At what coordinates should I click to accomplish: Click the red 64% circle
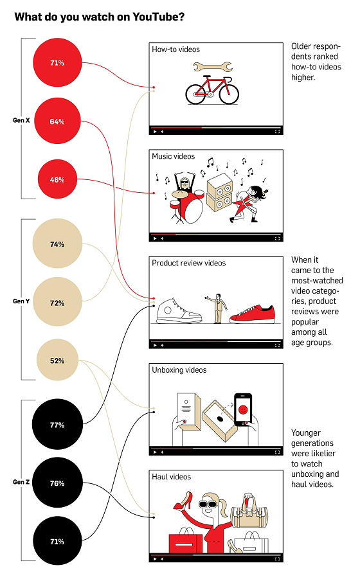point(57,121)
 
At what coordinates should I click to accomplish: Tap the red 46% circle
point(57,179)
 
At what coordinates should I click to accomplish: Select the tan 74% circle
point(57,244)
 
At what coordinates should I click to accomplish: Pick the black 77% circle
point(57,424)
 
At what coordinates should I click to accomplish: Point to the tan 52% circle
point(57,360)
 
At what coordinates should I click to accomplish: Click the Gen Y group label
point(21,301)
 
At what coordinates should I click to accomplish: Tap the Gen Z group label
point(21,482)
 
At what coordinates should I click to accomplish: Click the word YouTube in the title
point(158,17)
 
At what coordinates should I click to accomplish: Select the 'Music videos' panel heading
point(174,156)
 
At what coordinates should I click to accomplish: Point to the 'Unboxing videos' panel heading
point(179,370)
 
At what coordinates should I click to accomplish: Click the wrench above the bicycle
point(213,67)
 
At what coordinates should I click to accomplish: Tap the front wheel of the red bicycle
point(229,94)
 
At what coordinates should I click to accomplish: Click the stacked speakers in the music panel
point(220,192)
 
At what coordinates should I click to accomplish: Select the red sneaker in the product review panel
point(252,314)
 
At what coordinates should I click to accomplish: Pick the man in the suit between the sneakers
point(217,308)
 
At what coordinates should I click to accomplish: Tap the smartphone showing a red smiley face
point(243,409)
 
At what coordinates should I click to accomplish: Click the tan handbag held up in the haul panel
point(249,512)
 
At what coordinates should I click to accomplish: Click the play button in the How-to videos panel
point(155,132)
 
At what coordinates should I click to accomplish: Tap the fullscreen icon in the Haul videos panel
point(277,558)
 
